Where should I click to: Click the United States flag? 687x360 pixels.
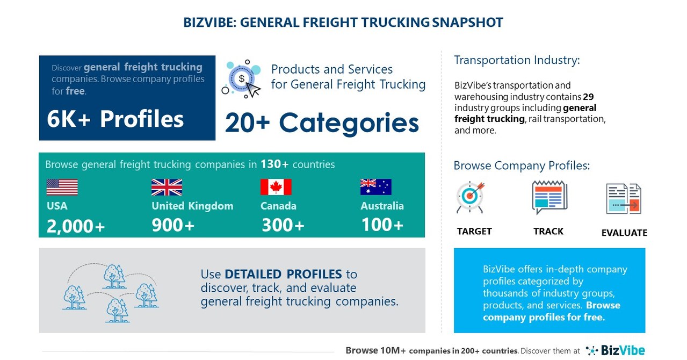[62, 187]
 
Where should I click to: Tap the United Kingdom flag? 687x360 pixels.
[167, 187]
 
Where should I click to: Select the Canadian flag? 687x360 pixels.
[276, 187]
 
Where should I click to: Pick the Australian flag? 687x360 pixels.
[375, 187]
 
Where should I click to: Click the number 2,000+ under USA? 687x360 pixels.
[76, 226]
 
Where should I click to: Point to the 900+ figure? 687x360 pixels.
[173, 226]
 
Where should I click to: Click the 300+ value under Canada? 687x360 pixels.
[283, 226]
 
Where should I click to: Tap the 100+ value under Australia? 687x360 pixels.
[382, 225]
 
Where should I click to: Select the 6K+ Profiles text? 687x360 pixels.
[115, 119]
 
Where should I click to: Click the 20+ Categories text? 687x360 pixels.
[322, 123]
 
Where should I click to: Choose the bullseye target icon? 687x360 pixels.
[470, 197]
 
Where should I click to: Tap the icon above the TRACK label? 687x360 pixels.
[549, 197]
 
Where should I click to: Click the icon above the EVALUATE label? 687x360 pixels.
[624, 199]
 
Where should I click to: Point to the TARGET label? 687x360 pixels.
[474, 232]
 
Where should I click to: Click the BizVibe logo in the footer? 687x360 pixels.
[615, 350]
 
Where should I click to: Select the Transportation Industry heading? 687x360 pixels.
[517, 60]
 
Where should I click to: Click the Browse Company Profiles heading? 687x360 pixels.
[522, 165]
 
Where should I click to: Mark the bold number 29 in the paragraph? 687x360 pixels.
[588, 97]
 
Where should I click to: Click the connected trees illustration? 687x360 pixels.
[110, 291]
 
